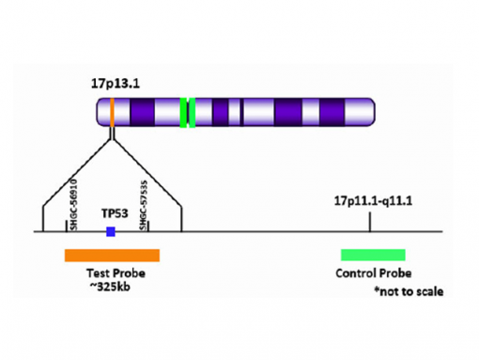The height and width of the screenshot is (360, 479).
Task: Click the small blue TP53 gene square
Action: point(111,231)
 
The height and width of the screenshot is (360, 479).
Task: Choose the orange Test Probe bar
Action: point(112,255)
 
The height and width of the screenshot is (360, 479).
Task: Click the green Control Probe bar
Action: point(373,255)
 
